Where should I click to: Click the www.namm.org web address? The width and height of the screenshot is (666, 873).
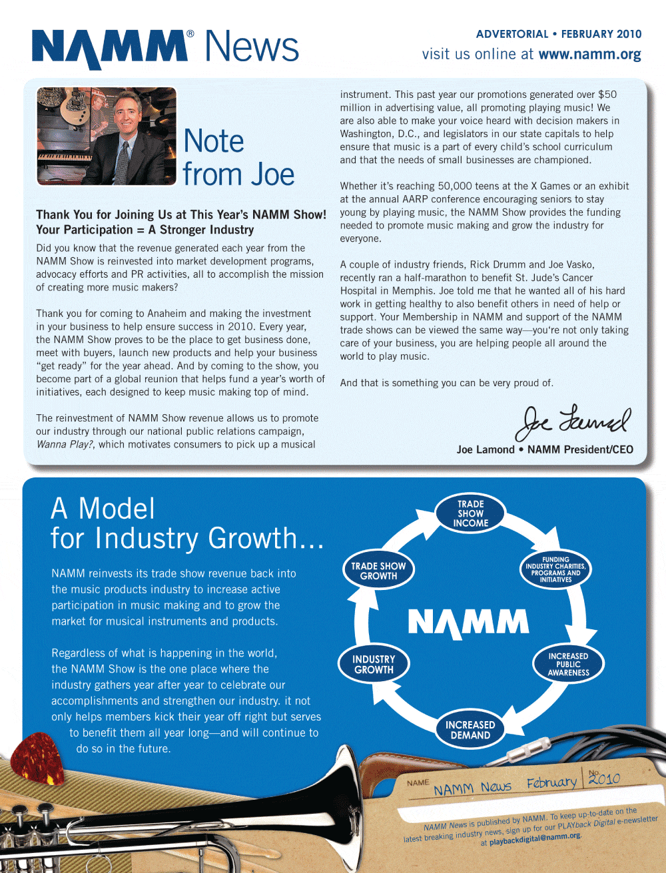(589, 55)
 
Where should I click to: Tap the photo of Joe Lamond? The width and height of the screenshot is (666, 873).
(107, 137)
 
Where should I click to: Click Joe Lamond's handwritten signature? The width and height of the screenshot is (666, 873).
(573, 422)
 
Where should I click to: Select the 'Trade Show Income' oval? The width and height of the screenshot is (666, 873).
(470, 513)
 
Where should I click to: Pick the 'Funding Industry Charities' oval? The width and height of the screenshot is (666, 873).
(555, 570)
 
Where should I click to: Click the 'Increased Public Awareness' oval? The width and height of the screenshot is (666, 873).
(568, 664)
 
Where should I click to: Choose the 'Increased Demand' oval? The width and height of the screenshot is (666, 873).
(470, 730)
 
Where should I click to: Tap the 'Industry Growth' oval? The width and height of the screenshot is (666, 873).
(374, 665)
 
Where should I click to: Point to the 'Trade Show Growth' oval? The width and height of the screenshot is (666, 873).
(378, 571)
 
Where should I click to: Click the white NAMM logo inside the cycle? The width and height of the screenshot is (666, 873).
(468, 623)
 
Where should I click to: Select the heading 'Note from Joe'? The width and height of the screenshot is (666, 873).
(238, 158)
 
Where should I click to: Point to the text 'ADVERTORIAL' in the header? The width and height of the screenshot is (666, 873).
(512, 34)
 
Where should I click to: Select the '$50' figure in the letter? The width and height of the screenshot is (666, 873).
(607, 95)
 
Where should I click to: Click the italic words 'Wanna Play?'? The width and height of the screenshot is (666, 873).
(65, 444)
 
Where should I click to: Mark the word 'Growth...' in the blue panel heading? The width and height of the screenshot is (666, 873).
(266, 538)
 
